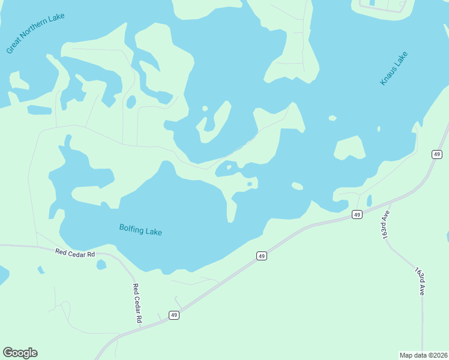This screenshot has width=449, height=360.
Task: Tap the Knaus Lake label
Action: pyautogui.click(x=394, y=68)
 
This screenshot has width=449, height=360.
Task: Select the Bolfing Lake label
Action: pyautogui.click(x=140, y=230)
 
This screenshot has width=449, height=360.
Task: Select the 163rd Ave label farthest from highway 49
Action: pyautogui.click(x=420, y=280)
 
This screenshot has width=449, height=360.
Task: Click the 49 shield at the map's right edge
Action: pyautogui.click(x=436, y=154)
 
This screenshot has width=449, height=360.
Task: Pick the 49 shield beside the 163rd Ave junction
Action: pyautogui.click(x=357, y=214)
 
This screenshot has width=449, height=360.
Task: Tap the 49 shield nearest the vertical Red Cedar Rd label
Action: pyautogui.click(x=173, y=315)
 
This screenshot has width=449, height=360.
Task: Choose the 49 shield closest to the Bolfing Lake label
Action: pyautogui.click(x=261, y=256)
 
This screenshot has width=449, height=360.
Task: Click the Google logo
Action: pyautogui.click(x=20, y=353)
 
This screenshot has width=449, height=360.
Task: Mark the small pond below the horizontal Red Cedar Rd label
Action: pyautogui.click(x=101, y=265)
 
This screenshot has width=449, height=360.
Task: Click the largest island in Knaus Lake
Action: pyautogui.click(x=349, y=148)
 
